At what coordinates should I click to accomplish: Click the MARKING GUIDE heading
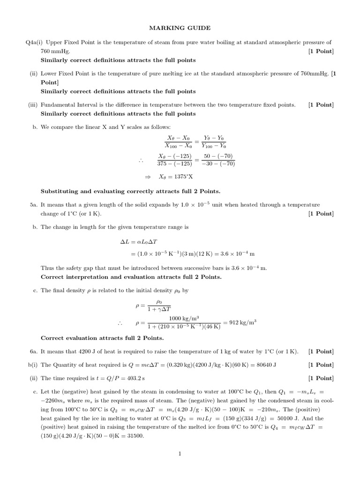[180, 28]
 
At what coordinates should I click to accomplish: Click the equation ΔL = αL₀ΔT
[140, 242]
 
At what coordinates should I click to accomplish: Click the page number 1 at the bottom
[180, 453]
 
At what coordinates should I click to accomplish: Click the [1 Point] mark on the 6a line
[321, 351]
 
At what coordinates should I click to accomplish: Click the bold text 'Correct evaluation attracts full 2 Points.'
[102, 338]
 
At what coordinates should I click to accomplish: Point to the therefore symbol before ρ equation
[120, 323]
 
